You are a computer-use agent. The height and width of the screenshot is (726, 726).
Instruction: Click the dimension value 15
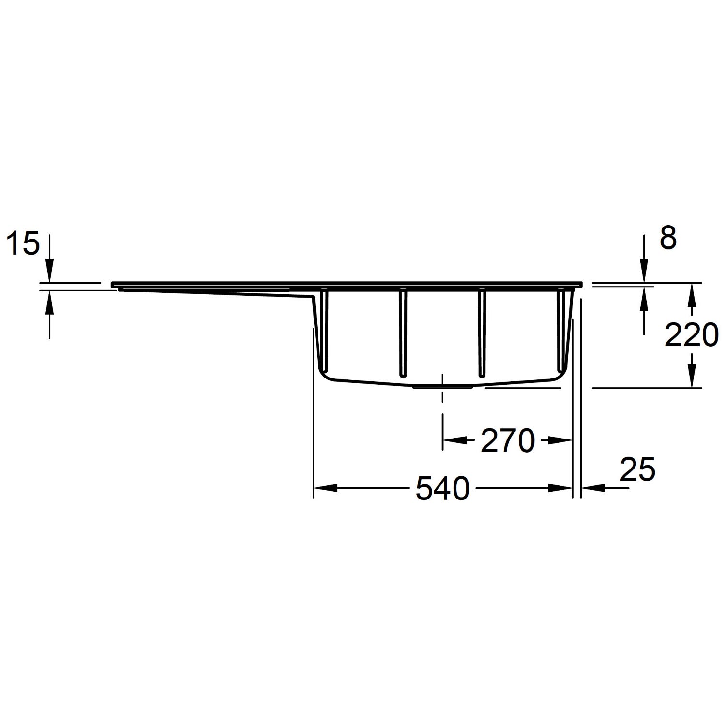pyautogui.click(x=23, y=243)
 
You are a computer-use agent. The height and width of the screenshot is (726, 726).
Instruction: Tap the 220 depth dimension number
pyautogui.click(x=691, y=335)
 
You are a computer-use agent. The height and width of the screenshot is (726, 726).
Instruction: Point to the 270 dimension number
pyautogui.click(x=507, y=441)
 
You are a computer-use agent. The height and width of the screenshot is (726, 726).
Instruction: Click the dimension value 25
pyautogui.click(x=637, y=469)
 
